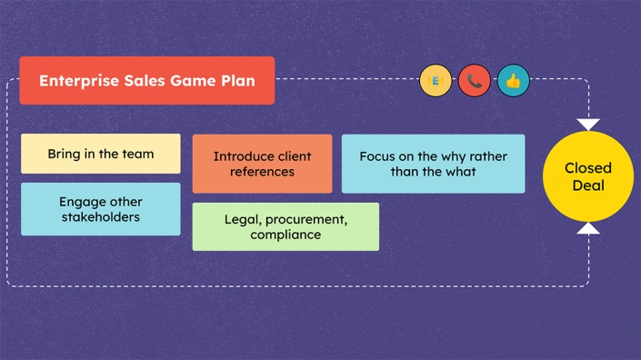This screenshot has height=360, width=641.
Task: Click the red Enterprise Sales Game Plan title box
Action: (x=146, y=80)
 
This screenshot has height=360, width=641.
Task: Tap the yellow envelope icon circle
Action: (x=436, y=81)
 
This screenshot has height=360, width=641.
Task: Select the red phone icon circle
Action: (x=475, y=81)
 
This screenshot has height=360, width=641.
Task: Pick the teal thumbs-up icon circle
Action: (x=513, y=81)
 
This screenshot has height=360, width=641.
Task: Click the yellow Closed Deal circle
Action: (x=588, y=176)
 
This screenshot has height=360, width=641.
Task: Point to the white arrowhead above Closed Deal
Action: (x=588, y=124)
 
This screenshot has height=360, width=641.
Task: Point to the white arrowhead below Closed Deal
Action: (x=588, y=228)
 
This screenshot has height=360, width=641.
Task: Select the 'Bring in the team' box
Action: (x=101, y=154)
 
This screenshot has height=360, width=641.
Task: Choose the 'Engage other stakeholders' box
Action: (x=101, y=209)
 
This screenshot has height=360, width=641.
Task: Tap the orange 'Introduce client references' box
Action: (x=262, y=164)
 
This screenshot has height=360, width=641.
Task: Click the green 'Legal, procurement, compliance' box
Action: (x=285, y=226)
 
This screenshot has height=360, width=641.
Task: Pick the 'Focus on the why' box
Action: (x=433, y=164)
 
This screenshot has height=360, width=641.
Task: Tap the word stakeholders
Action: (x=101, y=217)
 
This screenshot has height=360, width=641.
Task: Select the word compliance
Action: (x=285, y=235)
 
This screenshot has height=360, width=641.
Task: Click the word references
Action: (x=262, y=171)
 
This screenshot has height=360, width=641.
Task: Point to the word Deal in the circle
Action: (x=588, y=185)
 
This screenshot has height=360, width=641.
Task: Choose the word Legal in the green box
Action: (x=243, y=219)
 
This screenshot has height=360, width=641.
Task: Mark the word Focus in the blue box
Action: (x=378, y=156)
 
